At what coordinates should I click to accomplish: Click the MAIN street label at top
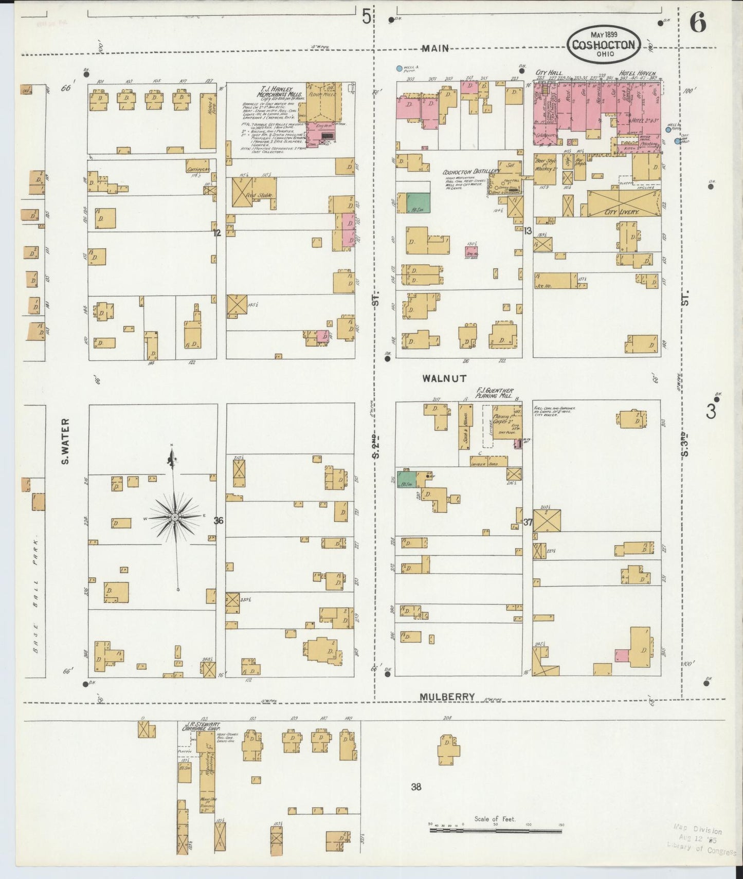tap(435, 48)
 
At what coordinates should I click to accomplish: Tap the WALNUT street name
tap(444, 378)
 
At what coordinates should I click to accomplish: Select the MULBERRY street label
tap(446, 697)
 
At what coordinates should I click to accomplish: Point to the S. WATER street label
tap(65, 441)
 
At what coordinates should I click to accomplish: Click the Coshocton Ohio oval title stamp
tap(604, 45)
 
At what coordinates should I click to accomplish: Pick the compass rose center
tap(175, 517)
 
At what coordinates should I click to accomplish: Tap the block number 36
tap(219, 521)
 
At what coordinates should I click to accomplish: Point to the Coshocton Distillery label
tap(471, 171)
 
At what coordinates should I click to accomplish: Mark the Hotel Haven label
tap(638, 74)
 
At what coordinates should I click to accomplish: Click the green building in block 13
tap(418, 203)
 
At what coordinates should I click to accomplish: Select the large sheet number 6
tap(698, 23)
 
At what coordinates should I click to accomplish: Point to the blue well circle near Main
tap(399, 68)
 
